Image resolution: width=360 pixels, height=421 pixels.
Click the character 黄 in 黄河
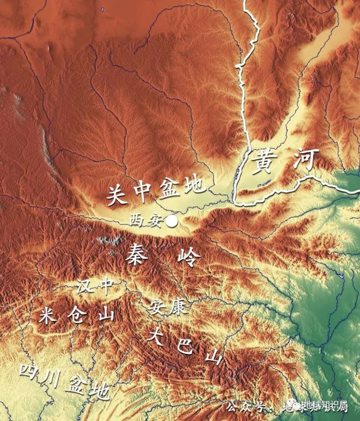tap(266, 163)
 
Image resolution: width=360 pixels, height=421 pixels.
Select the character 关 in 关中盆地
tap(117, 195)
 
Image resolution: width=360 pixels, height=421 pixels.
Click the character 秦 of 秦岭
tap(138, 254)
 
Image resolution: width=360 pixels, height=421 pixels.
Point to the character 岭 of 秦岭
tap(186, 256)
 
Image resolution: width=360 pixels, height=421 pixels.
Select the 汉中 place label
tap(95, 287)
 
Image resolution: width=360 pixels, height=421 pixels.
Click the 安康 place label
tap(166, 309)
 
